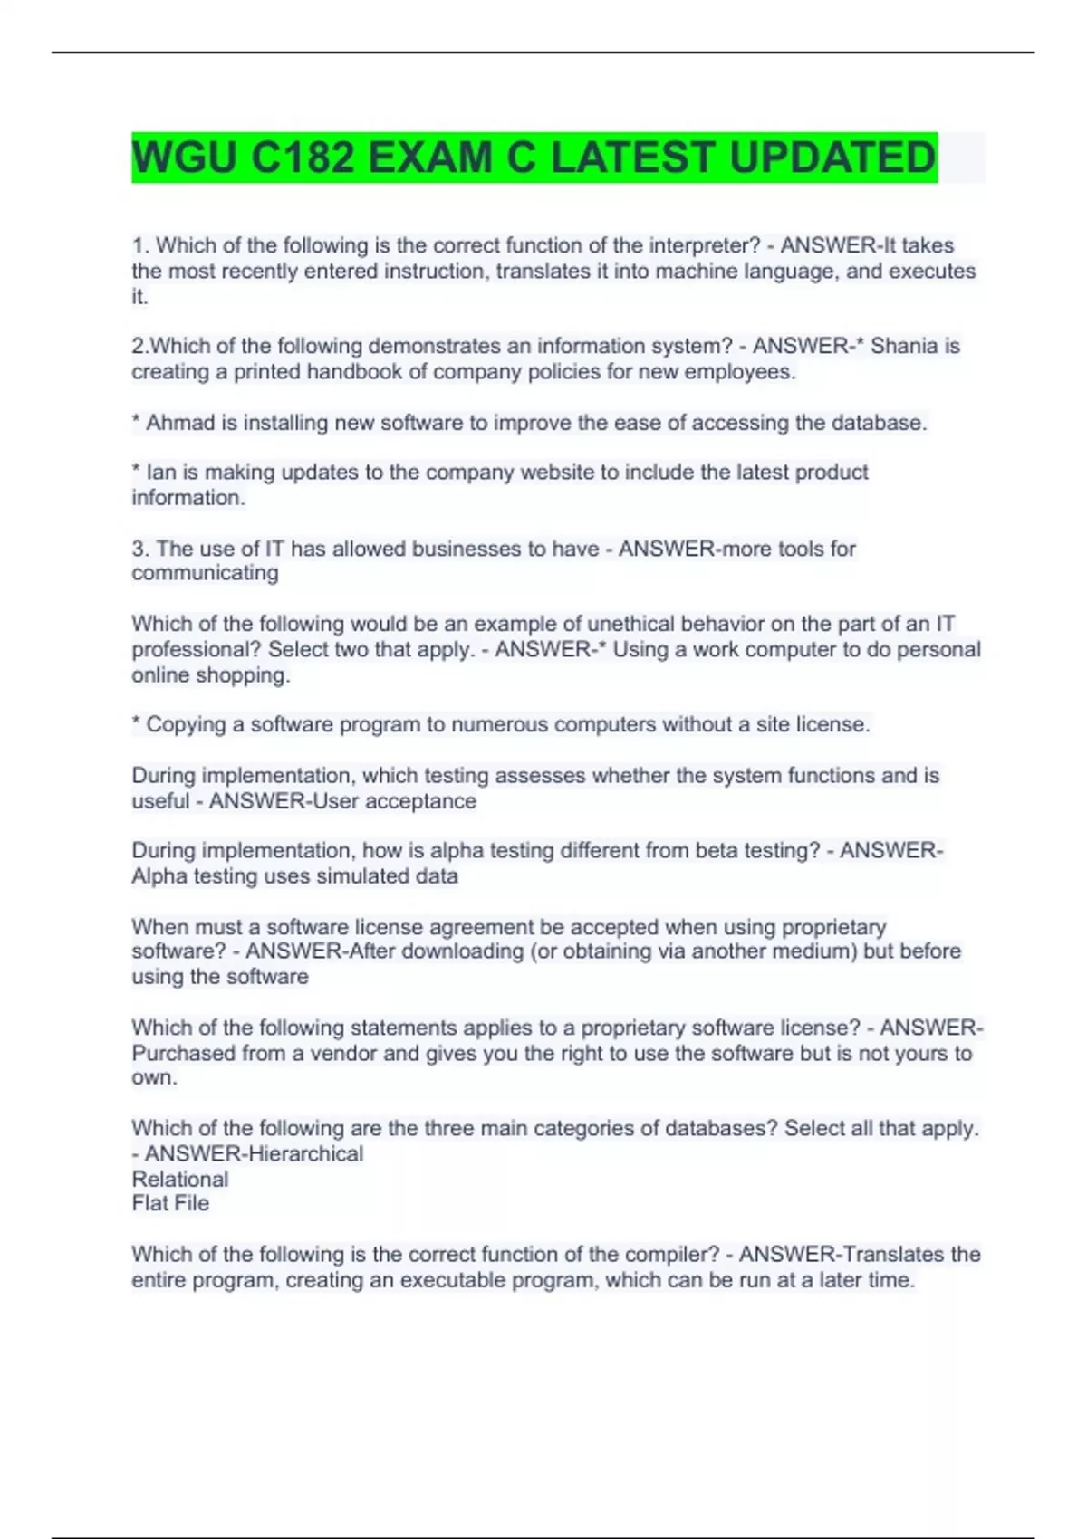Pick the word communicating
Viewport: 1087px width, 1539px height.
point(205,573)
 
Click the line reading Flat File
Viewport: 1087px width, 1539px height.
point(170,1204)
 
